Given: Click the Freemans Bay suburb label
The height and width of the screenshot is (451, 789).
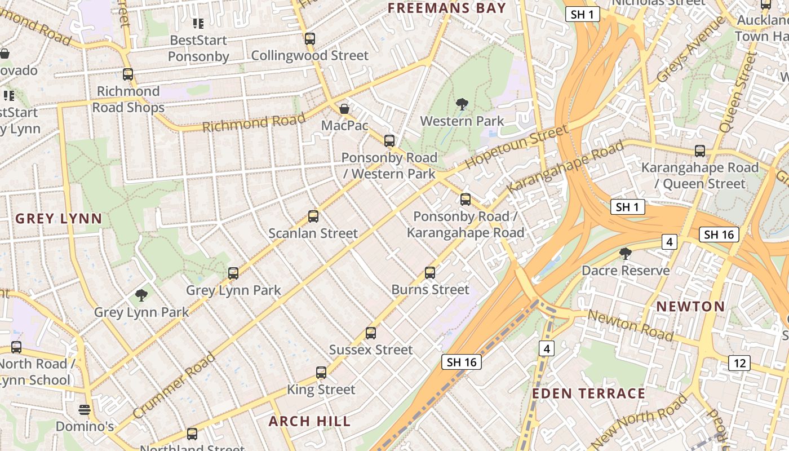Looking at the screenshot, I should point(446,8).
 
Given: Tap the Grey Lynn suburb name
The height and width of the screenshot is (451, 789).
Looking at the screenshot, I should point(59,219).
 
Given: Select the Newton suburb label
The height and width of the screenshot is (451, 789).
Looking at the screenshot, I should point(690,306).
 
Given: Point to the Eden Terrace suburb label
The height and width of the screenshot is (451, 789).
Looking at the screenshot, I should point(588,393).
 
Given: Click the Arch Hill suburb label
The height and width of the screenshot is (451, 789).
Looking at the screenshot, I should point(309,421).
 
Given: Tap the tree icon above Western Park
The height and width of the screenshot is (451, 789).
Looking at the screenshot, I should point(462,104).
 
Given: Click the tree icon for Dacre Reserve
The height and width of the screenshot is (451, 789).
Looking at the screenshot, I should point(625,254).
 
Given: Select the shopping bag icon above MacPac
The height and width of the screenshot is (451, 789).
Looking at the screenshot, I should point(344,108).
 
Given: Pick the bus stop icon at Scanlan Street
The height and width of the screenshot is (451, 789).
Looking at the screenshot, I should point(313,216).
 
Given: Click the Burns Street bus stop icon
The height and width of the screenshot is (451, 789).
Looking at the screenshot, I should point(430,273).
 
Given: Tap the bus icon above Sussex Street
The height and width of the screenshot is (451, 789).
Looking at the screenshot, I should point(370,333).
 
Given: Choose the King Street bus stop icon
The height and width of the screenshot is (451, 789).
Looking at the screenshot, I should point(321,373).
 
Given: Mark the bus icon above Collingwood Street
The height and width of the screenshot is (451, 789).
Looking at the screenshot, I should point(309,39).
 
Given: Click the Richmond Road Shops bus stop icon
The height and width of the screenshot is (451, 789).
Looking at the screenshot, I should point(128,74).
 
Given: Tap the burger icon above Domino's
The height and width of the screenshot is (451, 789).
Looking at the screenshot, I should point(85,409).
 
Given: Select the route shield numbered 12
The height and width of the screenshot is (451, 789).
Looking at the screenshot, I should point(739,363).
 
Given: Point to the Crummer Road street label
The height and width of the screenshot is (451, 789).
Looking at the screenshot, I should point(175,385).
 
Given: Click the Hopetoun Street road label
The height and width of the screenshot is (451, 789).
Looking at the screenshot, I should point(517,148).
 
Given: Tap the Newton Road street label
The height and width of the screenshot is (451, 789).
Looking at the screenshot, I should point(630,325).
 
